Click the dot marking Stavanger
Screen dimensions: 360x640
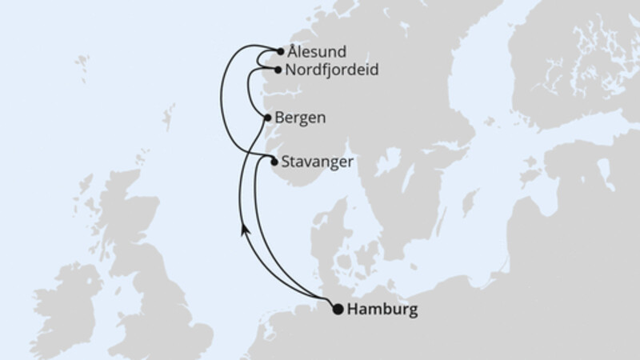click(274, 162)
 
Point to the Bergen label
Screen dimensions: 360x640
click(299, 118)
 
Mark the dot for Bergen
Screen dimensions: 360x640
click(266, 118)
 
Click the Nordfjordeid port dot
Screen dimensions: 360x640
click(278, 70)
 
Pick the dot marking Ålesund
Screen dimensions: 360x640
click(280, 52)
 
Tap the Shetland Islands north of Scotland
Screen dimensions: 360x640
click(168, 120)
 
